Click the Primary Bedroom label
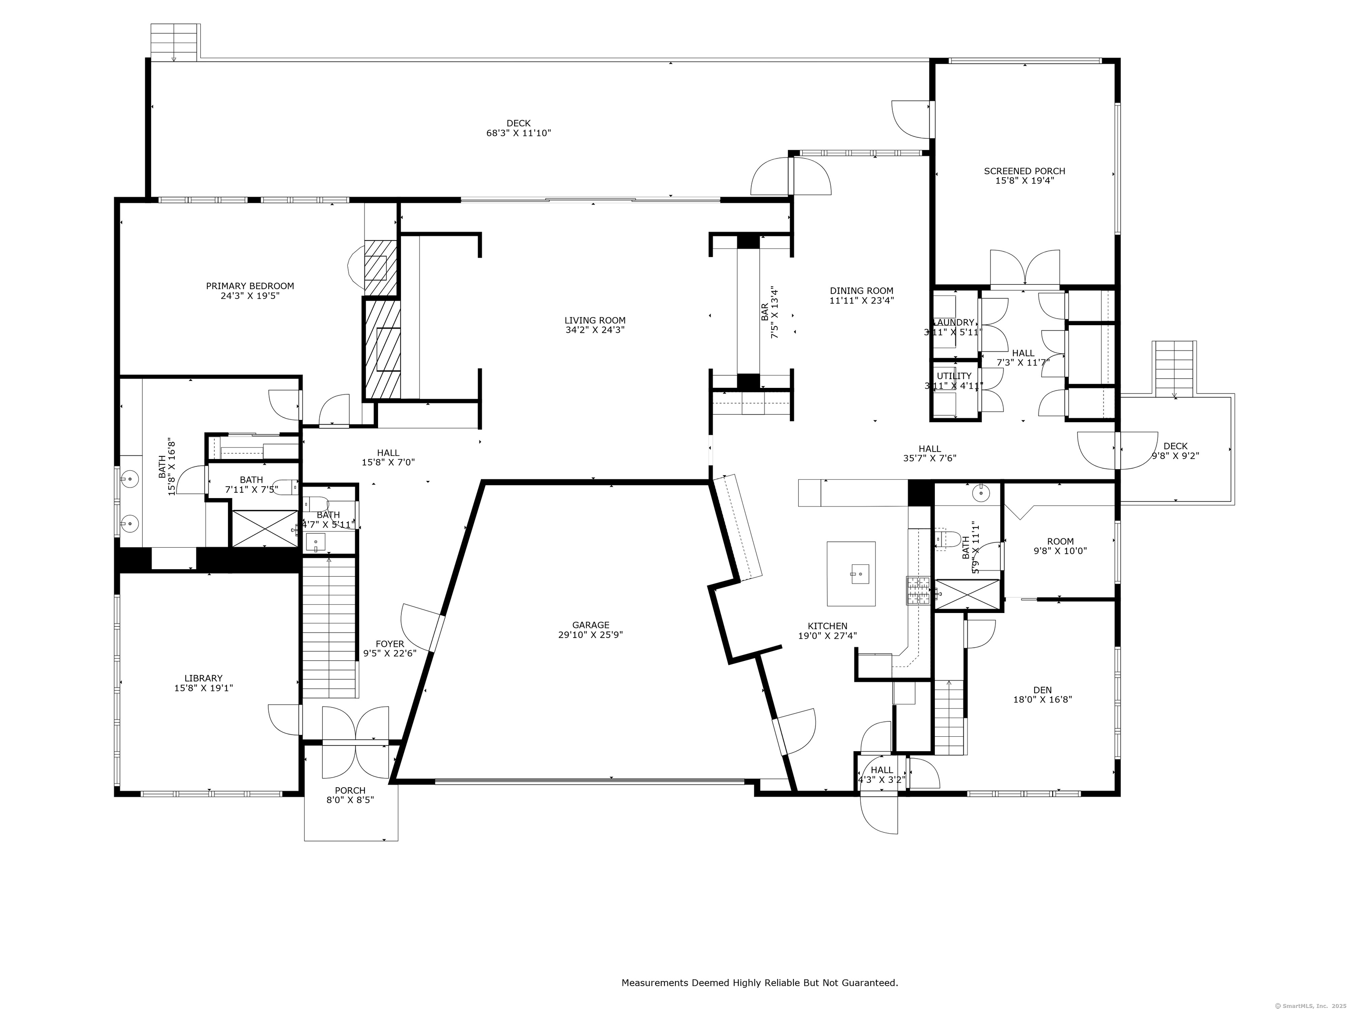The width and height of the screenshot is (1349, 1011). [x=249, y=286]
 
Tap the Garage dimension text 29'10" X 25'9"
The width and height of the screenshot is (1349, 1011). [x=590, y=635]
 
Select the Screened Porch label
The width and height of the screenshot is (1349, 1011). [x=1024, y=171]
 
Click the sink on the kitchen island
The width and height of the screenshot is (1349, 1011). [x=860, y=573]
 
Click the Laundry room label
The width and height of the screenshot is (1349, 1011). [x=954, y=323]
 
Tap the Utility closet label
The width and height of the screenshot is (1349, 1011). [x=954, y=376]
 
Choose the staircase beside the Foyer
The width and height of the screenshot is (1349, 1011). [x=329, y=627]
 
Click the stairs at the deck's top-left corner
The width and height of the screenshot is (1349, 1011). [x=174, y=42]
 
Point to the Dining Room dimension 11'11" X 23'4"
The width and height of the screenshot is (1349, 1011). [x=861, y=301]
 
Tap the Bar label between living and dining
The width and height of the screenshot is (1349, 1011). [x=765, y=312]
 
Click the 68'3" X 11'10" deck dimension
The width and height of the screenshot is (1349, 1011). [x=518, y=133]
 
